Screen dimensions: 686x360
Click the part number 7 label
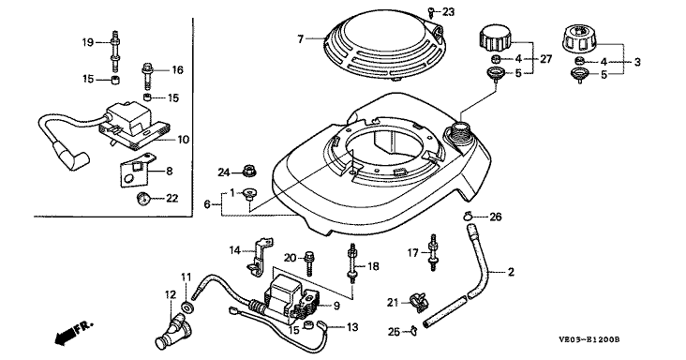[300, 39]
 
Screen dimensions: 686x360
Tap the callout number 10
[184, 140]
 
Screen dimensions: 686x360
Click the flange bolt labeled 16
[147, 76]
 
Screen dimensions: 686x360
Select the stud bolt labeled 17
[433, 252]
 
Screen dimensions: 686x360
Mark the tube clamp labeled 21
[418, 303]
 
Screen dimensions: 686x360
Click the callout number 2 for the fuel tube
[511, 272]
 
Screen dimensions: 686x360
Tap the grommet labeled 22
[142, 199]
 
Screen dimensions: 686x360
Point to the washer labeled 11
[187, 307]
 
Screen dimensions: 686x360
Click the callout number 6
[207, 203]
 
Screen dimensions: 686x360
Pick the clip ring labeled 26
[469, 216]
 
